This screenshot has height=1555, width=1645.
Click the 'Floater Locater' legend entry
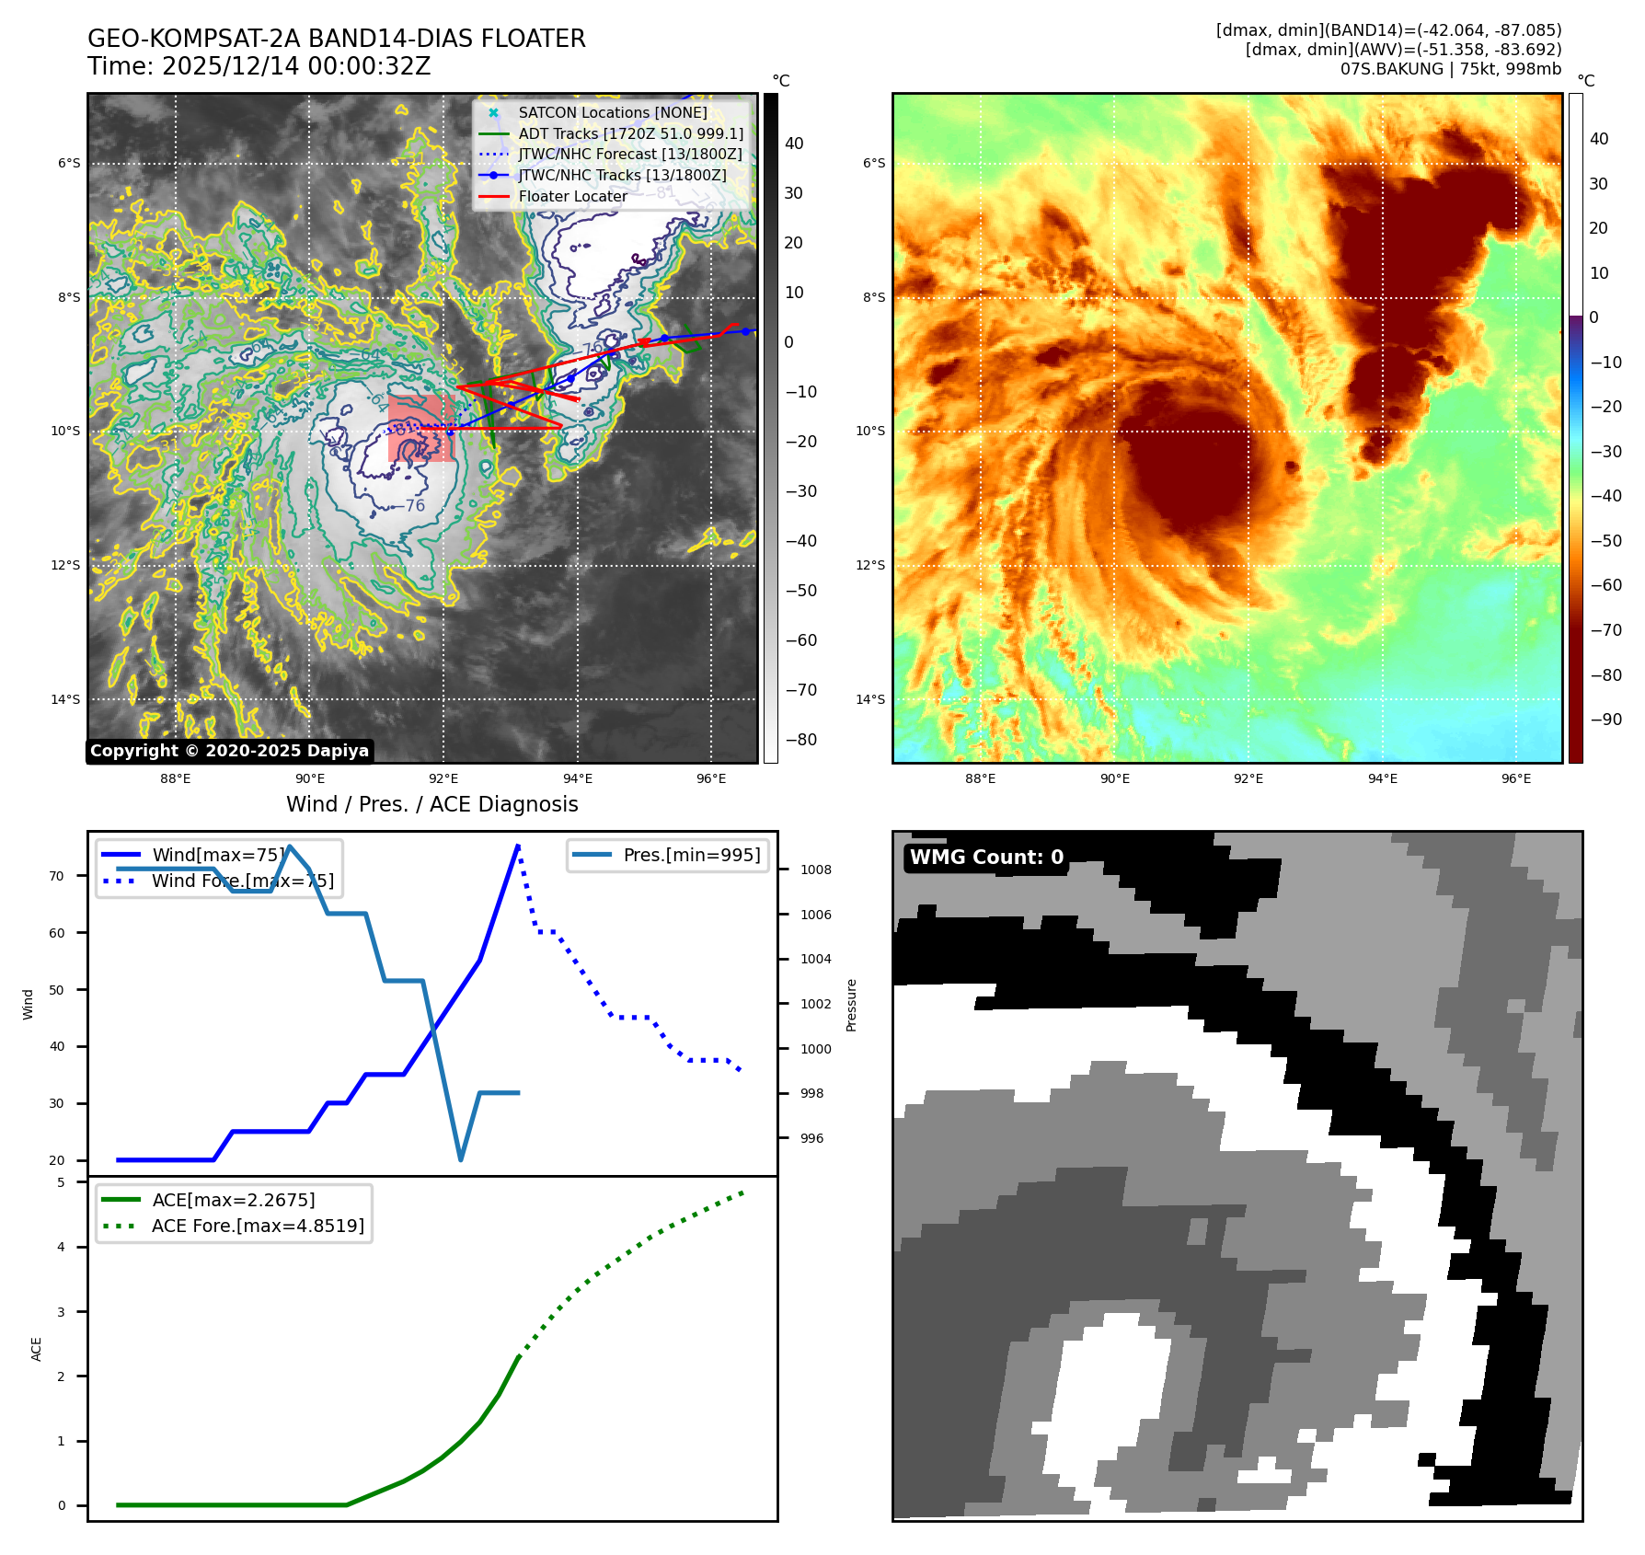click(572, 196)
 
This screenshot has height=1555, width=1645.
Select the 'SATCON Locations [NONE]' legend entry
click(612, 112)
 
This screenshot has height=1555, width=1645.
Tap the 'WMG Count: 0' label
click(986, 858)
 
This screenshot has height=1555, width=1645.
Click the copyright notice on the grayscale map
click(230, 751)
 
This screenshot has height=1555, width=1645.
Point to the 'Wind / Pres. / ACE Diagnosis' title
click(432, 804)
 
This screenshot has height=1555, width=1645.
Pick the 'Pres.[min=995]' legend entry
click(691, 855)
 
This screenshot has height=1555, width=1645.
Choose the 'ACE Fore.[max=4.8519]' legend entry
click(258, 1226)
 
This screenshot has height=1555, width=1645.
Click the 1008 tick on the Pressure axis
click(815, 870)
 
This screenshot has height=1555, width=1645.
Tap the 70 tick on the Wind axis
click(57, 876)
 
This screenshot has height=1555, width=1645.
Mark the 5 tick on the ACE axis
click(61, 1182)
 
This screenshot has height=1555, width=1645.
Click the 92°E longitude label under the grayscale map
click(443, 778)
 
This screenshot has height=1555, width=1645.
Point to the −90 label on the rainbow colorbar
click(1605, 720)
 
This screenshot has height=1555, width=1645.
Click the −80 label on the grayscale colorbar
click(800, 740)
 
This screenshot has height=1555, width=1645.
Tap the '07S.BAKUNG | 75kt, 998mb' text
click(1450, 69)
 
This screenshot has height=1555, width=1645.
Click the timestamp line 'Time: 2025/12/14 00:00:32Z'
click(259, 66)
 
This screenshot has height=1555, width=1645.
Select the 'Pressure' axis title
click(851, 1005)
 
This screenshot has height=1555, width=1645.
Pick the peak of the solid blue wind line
click(519, 845)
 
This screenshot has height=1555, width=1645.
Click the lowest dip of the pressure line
click(461, 1160)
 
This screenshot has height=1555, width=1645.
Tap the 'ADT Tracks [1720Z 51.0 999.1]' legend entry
click(630, 133)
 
